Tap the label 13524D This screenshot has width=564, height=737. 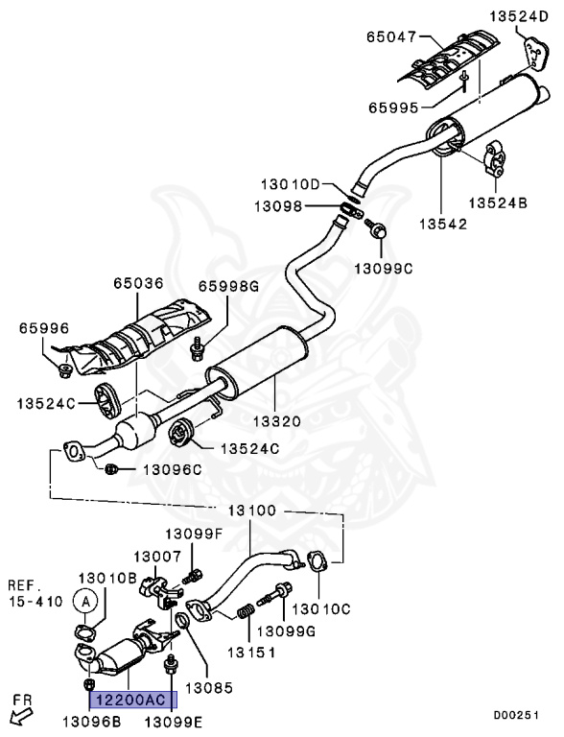coord(519,17)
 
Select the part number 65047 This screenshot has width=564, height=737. coord(391,36)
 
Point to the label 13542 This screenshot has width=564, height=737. coord(443,224)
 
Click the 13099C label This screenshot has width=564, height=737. coord(383,269)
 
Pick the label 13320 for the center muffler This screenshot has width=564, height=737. coord(277,420)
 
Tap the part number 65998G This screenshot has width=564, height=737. coord(228,286)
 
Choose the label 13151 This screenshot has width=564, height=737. coord(251,653)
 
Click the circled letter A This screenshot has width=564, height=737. coord(85,601)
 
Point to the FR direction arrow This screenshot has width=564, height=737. coord(21,716)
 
